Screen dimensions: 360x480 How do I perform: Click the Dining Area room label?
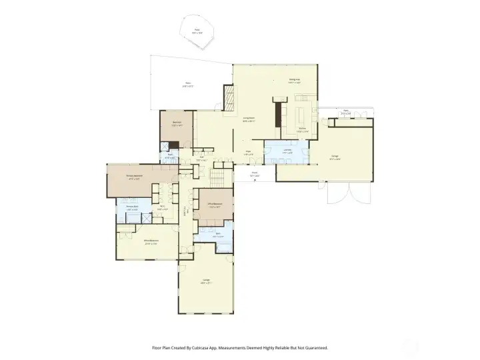[x=294, y=79]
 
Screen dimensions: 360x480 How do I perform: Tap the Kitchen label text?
[x=302, y=129]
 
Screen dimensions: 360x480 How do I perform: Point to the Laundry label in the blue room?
[x=287, y=150]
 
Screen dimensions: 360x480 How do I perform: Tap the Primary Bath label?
[x=132, y=207]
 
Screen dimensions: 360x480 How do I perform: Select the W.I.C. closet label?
[x=161, y=207]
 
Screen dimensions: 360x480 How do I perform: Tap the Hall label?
[x=201, y=158]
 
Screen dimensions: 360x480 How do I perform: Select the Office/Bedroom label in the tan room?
[x=215, y=205]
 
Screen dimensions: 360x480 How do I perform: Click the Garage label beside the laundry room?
[x=335, y=157]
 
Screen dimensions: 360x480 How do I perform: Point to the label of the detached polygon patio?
[x=197, y=30]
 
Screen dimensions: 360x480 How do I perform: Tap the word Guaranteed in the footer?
[x=314, y=347]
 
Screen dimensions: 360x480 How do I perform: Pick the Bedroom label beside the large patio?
[x=177, y=123]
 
